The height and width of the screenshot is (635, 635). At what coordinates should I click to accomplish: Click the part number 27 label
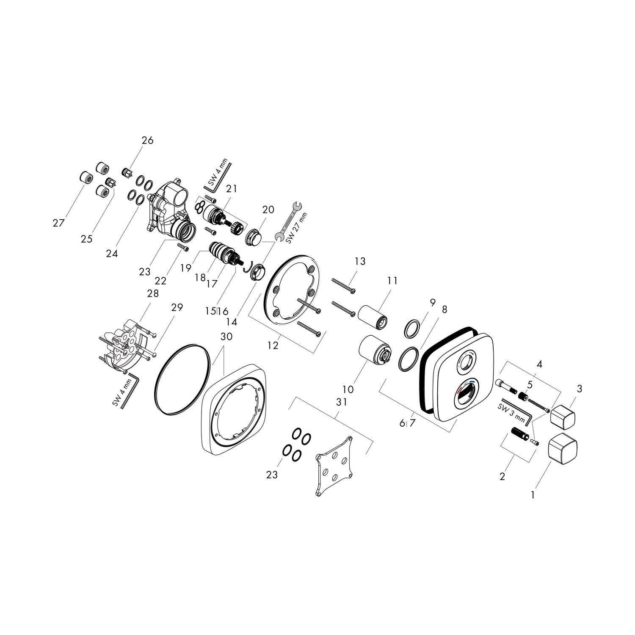coord(58,223)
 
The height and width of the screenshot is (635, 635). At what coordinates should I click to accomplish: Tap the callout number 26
coord(147,140)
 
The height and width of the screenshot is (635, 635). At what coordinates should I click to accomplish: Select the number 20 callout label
coord(268,210)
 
